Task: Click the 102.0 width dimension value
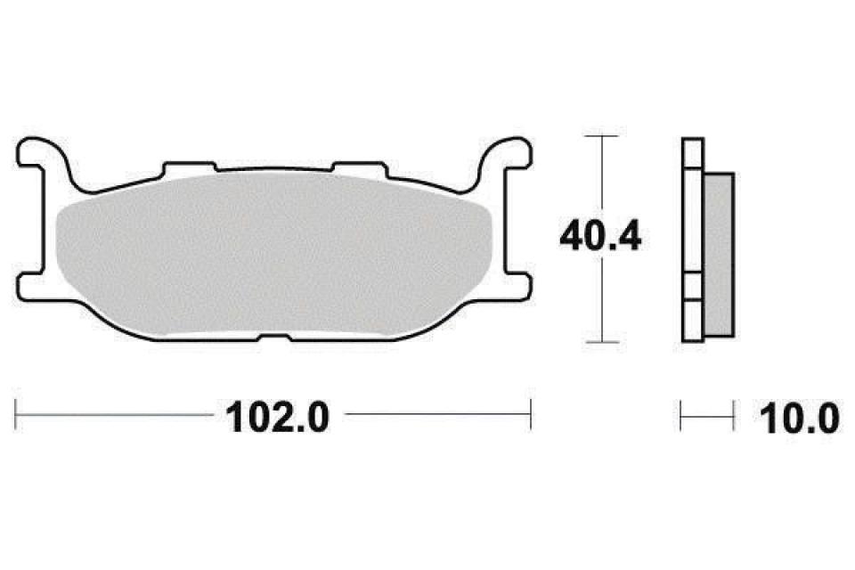(x=279, y=416)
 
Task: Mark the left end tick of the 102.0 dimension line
(x=17, y=415)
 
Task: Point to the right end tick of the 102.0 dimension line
(x=531, y=415)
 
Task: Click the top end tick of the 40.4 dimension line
(x=604, y=136)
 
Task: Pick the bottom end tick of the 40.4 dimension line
(x=604, y=341)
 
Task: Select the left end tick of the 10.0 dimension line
(x=681, y=415)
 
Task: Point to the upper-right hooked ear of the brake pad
(x=507, y=152)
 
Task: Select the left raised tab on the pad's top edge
(x=191, y=166)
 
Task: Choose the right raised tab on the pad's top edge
(x=356, y=166)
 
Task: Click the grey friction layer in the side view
(x=719, y=254)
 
